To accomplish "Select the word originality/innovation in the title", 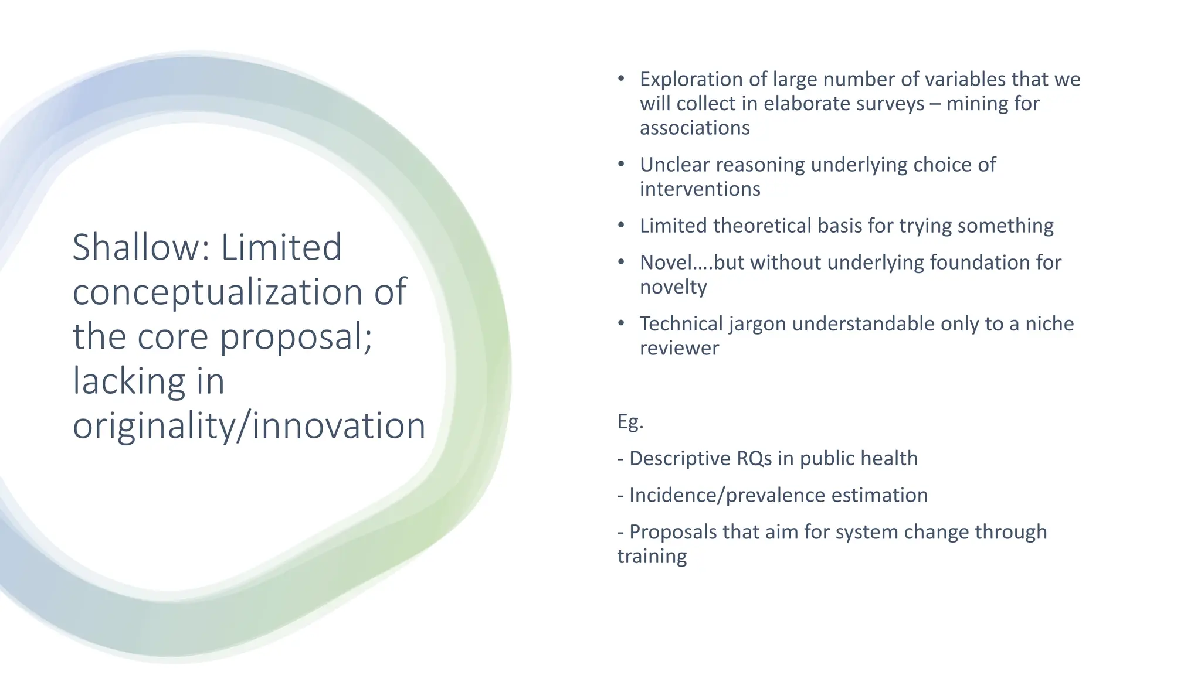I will (249, 425).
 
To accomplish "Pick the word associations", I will (694, 128).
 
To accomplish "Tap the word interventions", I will (700, 189).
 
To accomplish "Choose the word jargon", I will (758, 323).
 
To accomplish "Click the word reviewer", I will (679, 348).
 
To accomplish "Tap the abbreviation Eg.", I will (630, 421).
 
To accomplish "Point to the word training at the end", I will (652, 556).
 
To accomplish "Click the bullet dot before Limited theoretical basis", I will (621, 226).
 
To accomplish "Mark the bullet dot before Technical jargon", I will (621, 323).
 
